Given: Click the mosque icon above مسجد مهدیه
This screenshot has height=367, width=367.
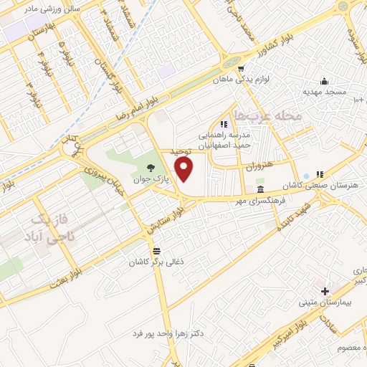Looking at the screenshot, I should pyautogui.click(x=324, y=80).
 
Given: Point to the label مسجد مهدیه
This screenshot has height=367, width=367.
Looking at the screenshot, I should pyautogui.click(x=324, y=92).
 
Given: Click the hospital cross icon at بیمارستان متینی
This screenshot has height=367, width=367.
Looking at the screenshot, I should pyautogui.click(x=325, y=291).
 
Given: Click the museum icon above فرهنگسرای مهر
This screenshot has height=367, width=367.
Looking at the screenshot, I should pyautogui.click(x=259, y=189).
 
